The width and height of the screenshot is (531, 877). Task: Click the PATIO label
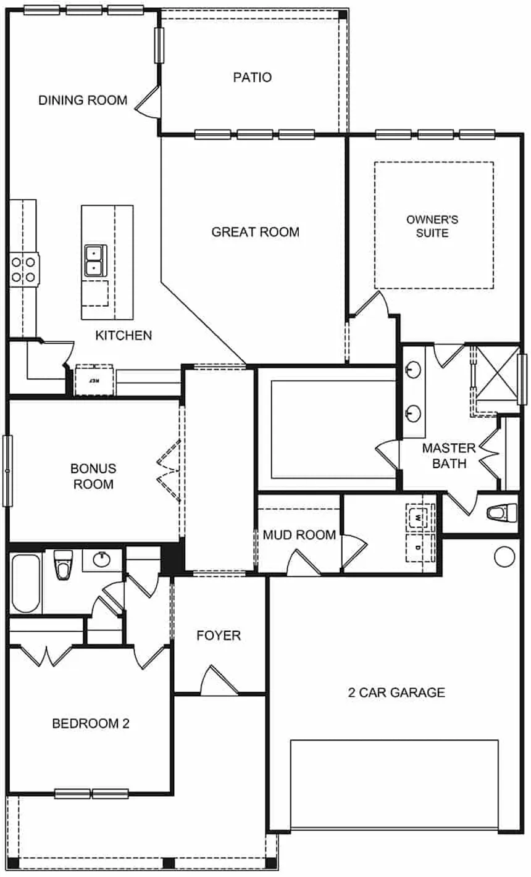click(253, 78)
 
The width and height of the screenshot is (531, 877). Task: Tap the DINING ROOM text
click(83, 100)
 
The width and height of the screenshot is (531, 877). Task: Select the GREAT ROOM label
click(255, 232)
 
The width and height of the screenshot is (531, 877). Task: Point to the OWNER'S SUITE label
click(432, 226)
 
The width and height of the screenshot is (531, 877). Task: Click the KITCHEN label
click(123, 336)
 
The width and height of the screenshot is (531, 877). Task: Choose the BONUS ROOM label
click(93, 476)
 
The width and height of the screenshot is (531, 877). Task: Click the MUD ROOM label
click(299, 534)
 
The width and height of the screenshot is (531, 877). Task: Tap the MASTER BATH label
click(449, 455)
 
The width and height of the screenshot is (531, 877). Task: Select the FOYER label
click(219, 636)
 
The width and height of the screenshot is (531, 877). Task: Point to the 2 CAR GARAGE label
click(396, 692)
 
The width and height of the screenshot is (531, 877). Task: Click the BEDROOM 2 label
click(91, 723)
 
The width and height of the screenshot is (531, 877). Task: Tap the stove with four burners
click(23, 269)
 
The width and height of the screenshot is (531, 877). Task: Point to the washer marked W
click(420, 515)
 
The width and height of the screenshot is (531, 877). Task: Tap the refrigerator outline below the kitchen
click(94, 380)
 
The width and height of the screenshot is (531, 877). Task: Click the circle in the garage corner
click(504, 555)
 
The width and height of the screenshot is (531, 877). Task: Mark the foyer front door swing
click(217, 681)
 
